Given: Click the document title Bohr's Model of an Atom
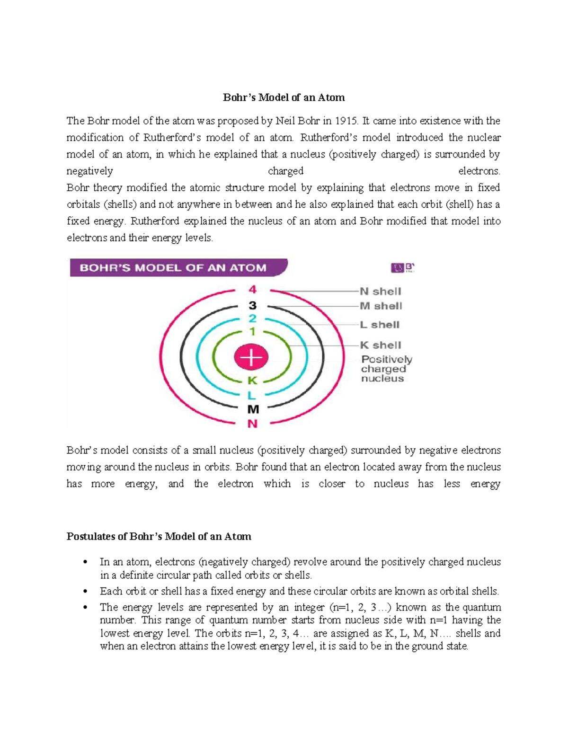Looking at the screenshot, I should point(284,97).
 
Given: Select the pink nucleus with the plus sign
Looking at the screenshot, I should point(251,357).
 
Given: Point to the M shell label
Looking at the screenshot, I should point(381,306).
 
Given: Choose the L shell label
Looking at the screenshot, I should point(379,325).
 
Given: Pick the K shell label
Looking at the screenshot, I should point(380,345).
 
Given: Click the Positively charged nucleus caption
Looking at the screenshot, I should point(386,369).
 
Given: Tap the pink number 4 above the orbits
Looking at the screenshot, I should point(253,290).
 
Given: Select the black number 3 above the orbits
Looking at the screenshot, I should point(253,305).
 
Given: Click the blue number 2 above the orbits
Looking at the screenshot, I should point(253,319).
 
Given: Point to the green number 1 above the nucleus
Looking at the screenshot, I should point(253,331).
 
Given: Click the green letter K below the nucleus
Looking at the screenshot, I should point(252,381).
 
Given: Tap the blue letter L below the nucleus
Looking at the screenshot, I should point(252,395).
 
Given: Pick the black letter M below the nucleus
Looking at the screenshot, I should point(253,409).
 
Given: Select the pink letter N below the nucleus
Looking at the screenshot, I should point(253,424).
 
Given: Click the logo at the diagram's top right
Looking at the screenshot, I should point(402,268).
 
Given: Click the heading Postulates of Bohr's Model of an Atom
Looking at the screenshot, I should point(159,537).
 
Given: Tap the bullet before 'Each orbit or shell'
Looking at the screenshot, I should point(85,592).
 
